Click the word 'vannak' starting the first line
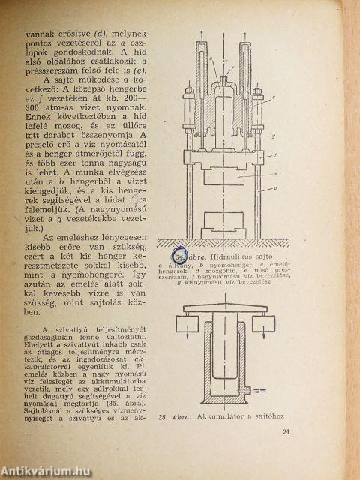40,34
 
